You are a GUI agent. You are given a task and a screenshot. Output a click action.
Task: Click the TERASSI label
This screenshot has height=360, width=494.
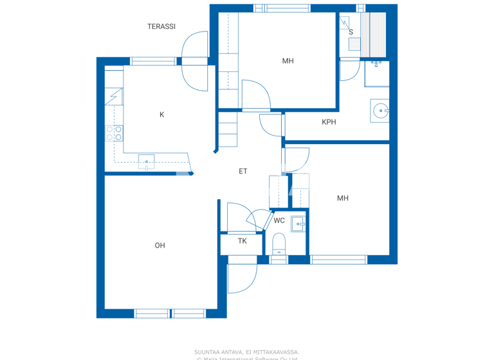tap(161, 26)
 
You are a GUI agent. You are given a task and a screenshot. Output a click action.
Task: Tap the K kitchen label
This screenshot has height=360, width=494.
tap(162, 115)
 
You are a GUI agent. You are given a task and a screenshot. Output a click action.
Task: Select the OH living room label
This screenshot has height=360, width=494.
tap(160, 246)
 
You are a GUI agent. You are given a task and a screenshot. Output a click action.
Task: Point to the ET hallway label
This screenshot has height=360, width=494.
tap(243, 172)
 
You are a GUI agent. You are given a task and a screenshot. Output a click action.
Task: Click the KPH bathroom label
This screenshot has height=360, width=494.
tap(329, 122)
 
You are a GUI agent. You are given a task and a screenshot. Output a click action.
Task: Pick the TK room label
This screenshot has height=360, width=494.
tap(242, 241)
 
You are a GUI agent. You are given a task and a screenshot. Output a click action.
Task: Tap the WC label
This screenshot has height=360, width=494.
tap(279, 221)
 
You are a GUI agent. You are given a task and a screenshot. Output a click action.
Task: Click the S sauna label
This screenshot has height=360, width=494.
tap(351, 32)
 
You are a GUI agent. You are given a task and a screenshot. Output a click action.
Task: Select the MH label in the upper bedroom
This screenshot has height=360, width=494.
tap(288, 61)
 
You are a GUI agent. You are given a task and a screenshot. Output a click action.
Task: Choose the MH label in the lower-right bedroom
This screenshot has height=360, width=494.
tap(343, 199)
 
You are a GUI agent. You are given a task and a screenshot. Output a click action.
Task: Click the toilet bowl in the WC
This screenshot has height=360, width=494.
tap(279, 245)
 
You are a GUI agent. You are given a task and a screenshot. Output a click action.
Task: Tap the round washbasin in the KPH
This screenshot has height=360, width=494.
tap(380, 111)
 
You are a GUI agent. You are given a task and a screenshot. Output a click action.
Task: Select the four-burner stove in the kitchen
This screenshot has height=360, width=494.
tap(114, 134)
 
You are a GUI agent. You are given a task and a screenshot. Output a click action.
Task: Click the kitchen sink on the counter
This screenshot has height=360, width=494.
tap(146, 161)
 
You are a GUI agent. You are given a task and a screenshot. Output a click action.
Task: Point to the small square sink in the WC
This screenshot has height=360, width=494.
tap(298, 224)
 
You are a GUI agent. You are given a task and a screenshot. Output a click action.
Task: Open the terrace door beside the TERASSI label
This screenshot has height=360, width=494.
tap(195, 61)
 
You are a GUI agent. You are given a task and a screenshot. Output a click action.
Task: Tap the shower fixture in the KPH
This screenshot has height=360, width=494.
tap(376, 64)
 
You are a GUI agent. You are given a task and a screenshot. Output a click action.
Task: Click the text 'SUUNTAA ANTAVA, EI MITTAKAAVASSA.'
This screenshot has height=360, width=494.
tap(247, 352)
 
